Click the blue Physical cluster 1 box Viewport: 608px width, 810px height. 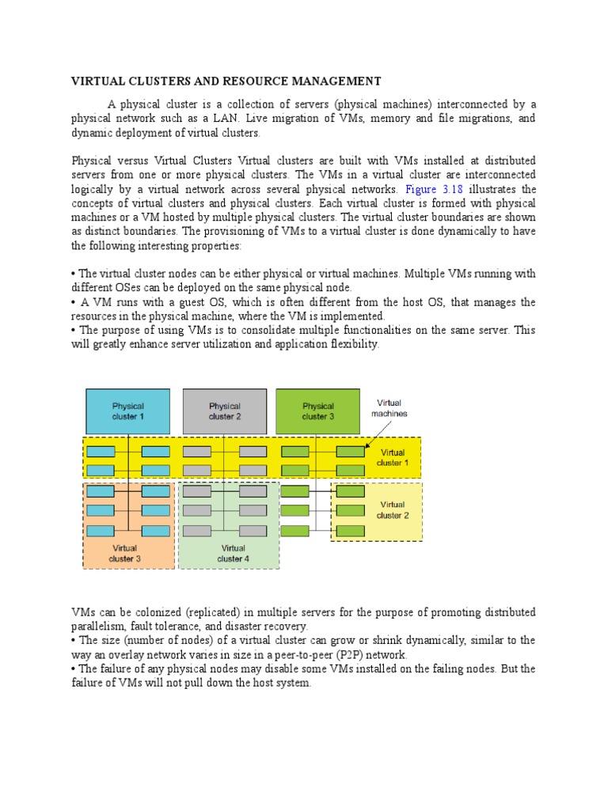127,411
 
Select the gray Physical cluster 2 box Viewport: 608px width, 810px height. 225,411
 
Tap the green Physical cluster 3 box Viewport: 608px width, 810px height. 317,411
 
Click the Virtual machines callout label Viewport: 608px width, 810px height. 389,408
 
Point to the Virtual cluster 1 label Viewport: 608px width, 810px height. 393,458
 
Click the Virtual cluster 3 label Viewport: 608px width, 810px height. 124,553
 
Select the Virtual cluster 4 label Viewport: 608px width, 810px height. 234,553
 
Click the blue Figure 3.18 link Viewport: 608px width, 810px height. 433,189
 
